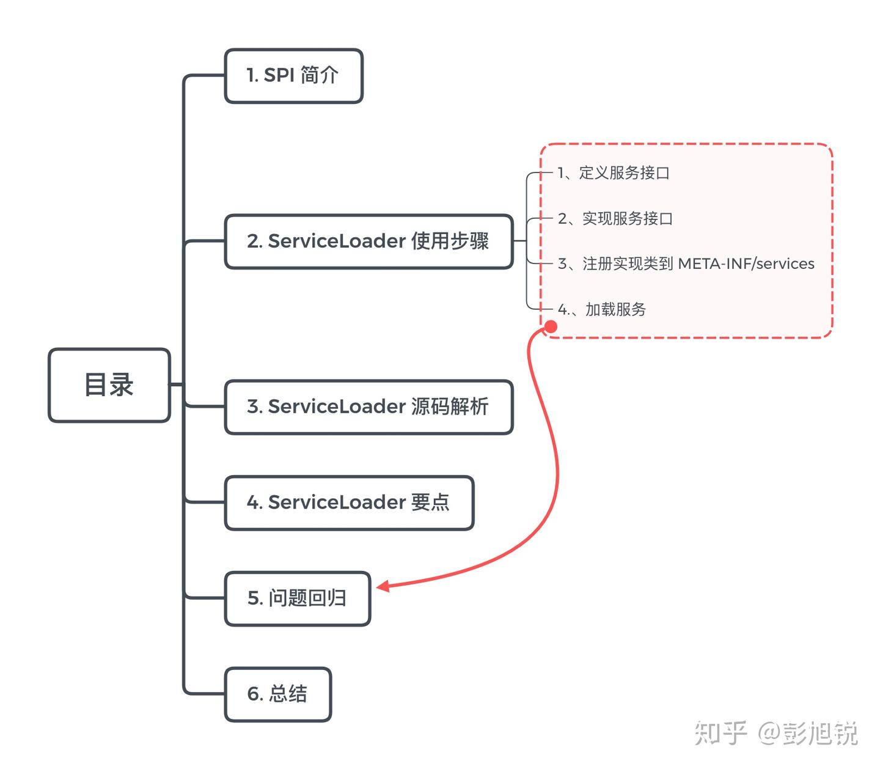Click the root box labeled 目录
pos(109,385)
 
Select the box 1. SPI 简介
pos(293,76)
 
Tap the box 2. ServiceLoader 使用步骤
pos(369,241)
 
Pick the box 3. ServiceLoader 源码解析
pos(369,407)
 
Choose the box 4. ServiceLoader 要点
pos(349,502)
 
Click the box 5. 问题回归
pos(297,598)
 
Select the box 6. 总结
pos(277,694)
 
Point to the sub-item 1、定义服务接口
pos(614,173)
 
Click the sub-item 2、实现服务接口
pos(615,219)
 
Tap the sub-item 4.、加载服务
pos(601,310)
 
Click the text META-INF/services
pos(746,264)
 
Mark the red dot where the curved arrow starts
pos(551,327)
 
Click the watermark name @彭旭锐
pos(808,733)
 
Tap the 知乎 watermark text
pos(721,733)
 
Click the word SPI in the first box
pos(279,76)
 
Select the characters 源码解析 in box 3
pos(450,407)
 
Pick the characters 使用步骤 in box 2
pos(450,241)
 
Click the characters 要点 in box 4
pos(430,502)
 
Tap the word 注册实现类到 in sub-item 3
pos(628,264)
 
